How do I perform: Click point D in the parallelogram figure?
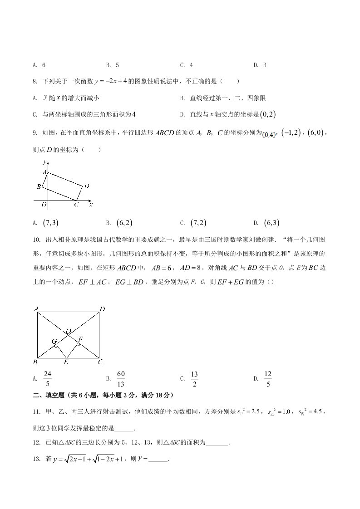pos(86,186)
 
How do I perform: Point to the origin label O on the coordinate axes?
pos(44,205)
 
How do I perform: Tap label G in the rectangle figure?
pos(54,341)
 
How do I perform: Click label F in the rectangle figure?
pos(81,339)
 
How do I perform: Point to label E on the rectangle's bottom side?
pos(66,362)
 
